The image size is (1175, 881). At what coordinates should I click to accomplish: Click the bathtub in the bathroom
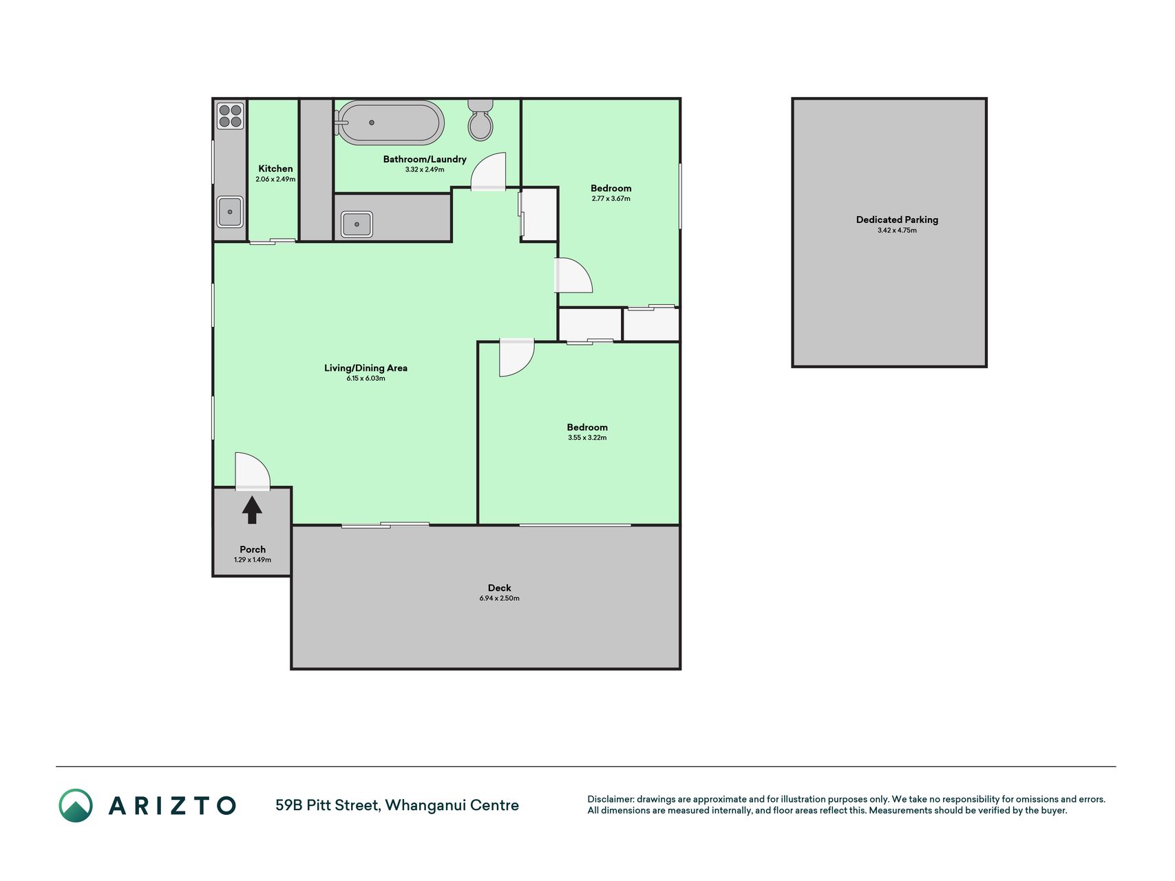390,123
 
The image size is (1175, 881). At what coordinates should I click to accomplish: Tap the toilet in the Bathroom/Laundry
480,120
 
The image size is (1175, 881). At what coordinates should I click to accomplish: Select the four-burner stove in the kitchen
231,116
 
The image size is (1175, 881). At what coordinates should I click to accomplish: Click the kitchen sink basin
230,212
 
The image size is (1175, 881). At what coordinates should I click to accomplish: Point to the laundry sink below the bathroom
357,224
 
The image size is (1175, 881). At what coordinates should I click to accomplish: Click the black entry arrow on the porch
252,510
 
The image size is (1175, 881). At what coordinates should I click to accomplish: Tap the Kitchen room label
275,169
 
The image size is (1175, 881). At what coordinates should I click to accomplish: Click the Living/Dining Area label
366,368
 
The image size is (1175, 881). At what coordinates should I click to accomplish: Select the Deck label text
500,588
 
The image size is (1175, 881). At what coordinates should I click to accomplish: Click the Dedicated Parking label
897,220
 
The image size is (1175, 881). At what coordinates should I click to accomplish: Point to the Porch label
253,549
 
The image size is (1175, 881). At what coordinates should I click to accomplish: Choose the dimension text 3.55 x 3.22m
587,438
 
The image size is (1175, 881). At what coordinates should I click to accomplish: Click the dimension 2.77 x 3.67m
611,199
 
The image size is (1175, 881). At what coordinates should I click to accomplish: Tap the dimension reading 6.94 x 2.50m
500,598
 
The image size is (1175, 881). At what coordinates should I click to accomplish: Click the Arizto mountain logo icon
76,805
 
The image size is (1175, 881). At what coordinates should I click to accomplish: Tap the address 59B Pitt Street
327,805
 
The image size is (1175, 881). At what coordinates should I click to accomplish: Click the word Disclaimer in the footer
610,799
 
